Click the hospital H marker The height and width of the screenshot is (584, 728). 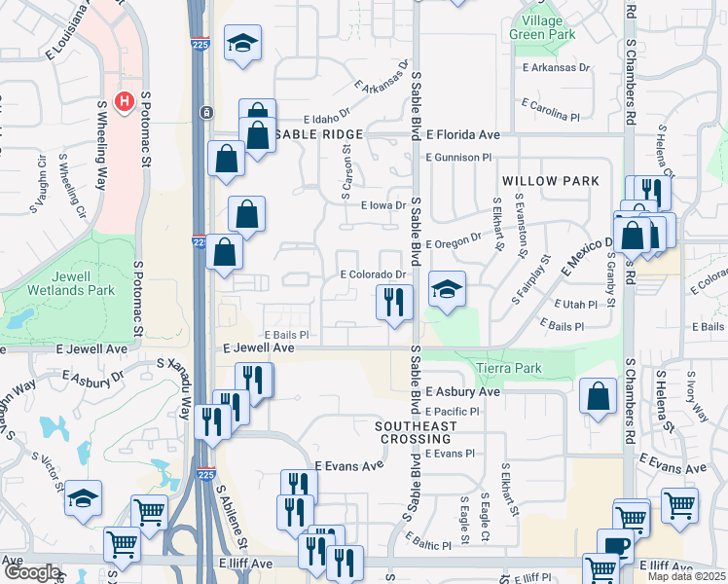pyautogui.click(x=125, y=100)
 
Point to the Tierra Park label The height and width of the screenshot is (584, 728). pyautogui.click(x=509, y=368)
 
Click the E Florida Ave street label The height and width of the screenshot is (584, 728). pyautogui.click(x=462, y=134)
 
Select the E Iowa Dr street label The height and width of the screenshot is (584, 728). pyautogui.click(x=382, y=206)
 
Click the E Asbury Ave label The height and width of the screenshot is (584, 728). pyautogui.click(x=462, y=391)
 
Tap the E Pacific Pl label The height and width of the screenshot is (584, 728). pyautogui.click(x=453, y=412)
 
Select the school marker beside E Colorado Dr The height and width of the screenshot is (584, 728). pyautogui.click(x=447, y=289)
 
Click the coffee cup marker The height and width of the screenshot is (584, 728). pyautogui.click(x=615, y=545)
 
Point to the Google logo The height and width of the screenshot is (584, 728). pyautogui.click(x=31, y=572)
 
